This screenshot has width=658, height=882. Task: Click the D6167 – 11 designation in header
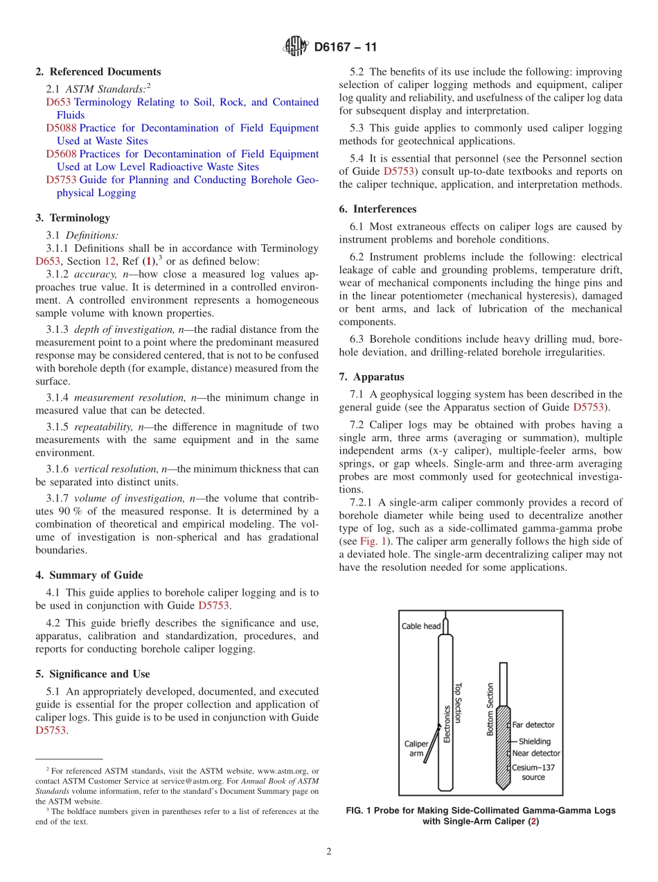346,48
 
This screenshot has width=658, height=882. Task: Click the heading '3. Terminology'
73,218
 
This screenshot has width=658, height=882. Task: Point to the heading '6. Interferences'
377,209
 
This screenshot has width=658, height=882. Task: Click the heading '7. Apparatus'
371,377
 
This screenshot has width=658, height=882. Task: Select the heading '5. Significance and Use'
93,674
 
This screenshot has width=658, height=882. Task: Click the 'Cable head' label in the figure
421,626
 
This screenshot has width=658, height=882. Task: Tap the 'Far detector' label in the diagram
533,725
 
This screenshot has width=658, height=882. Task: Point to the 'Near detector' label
535,753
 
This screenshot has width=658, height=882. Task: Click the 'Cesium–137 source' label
533,772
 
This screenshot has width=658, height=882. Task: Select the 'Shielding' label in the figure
534,741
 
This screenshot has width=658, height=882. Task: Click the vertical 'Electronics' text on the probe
447,725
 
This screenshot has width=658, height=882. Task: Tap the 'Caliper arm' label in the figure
416,748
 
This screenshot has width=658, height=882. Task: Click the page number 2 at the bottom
329,852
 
